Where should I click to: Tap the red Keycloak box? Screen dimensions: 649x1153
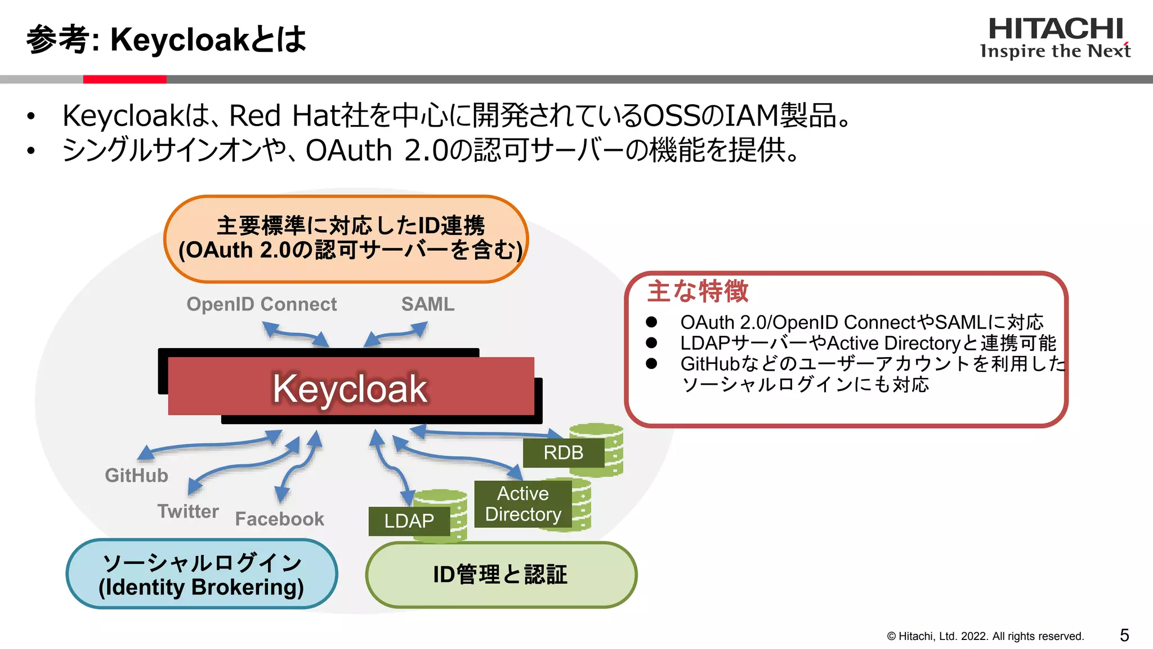click(x=350, y=388)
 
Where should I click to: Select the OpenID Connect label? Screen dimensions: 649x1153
click(x=261, y=304)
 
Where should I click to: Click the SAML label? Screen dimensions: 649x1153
click(x=427, y=304)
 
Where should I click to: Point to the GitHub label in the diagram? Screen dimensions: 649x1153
click(x=136, y=475)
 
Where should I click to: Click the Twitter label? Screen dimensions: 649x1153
click(x=187, y=511)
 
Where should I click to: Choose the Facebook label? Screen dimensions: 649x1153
click(x=279, y=519)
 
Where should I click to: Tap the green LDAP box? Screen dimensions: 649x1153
click(x=409, y=521)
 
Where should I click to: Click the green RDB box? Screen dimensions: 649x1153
click(x=563, y=452)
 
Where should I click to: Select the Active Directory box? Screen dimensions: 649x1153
click(x=523, y=504)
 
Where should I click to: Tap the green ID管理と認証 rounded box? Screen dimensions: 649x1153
click(x=500, y=575)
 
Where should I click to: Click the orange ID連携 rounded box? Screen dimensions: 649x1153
click(x=346, y=238)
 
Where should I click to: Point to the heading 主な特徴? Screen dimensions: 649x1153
click(x=698, y=291)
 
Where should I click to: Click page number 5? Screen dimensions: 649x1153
click(x=1124, y=635)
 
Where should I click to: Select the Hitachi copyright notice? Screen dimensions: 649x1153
click(x=985, y=636)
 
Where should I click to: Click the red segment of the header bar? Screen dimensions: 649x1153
click(x=124, y=79)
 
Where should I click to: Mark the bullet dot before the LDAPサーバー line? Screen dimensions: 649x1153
click(x=651, y=343)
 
